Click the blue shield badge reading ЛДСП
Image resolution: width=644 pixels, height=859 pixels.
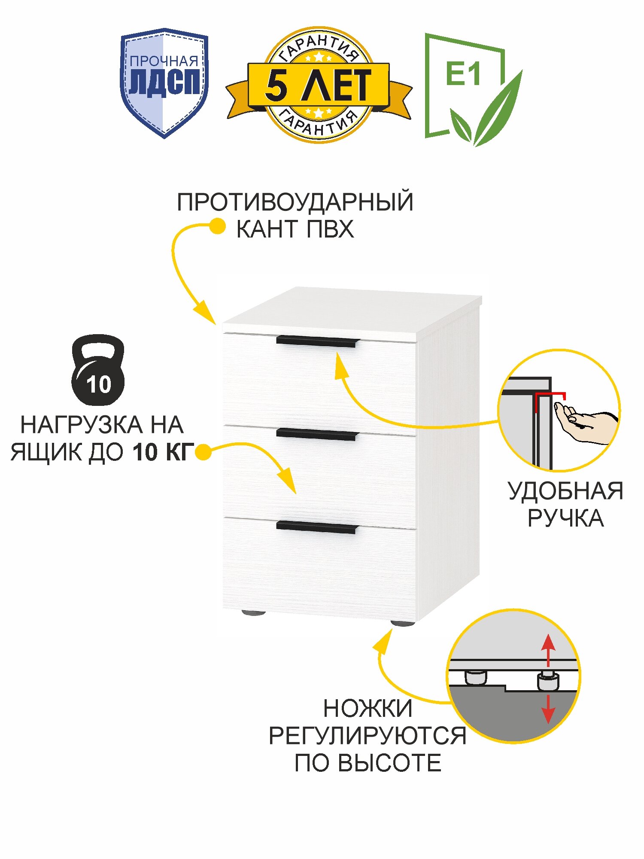point(164,82)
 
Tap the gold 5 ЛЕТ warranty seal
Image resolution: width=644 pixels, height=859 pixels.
point(318,85)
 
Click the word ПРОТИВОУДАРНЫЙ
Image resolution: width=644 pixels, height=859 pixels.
point(295,202)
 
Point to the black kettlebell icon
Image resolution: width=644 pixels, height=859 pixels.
point(98,370)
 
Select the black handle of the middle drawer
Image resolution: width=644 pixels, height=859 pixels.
point(317,434)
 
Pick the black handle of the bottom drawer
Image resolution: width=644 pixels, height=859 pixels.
point(317,527)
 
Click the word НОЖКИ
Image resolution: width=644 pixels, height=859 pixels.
point(368,708)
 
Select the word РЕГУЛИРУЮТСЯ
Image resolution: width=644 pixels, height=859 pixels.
point(368,736)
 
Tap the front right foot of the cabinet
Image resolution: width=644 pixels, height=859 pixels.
point(402,623)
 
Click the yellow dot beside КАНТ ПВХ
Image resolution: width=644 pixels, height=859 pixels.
point(218,226)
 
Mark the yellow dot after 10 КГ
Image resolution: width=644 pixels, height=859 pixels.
point(203,452)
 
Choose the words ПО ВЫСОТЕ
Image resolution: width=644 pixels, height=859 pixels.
point(368,763)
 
